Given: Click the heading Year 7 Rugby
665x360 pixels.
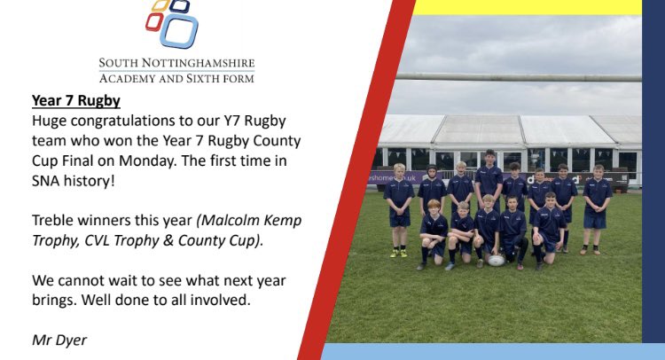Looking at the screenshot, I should click(75, 101).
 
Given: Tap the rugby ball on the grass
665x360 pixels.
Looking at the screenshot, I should click(497, 260).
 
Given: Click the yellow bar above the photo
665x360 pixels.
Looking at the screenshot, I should click(528, 7).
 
